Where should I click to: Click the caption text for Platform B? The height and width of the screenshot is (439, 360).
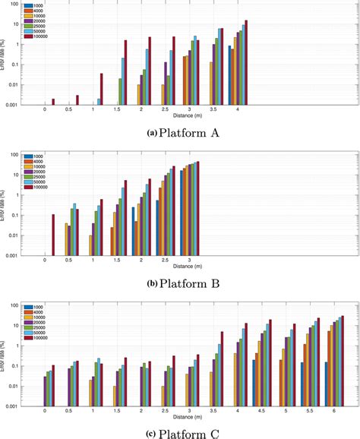180,284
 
